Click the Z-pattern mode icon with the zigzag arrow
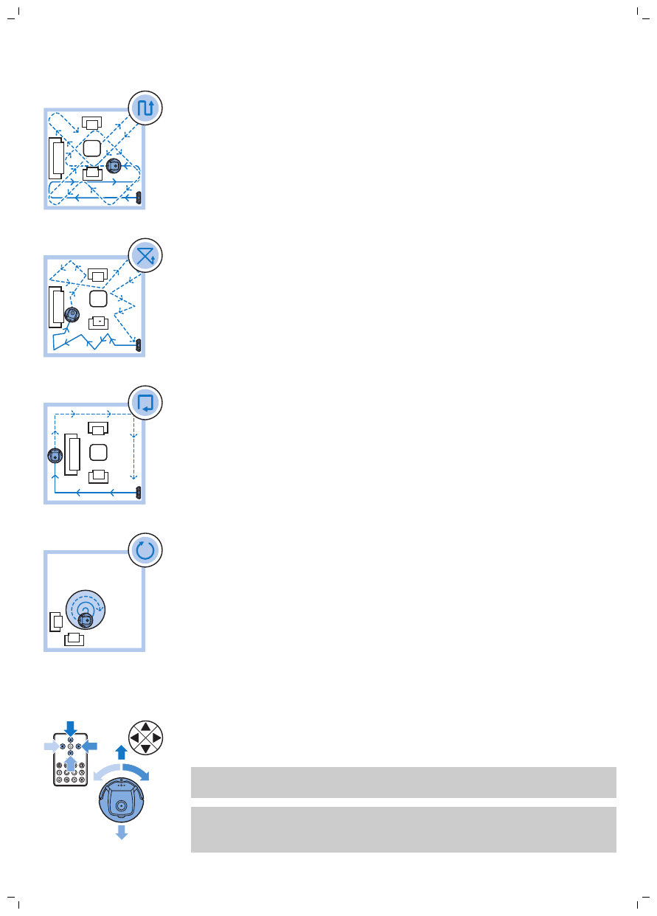[145, 108]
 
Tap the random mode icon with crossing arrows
[145, 256]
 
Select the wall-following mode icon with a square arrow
[145, 403]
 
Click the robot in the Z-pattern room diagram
[114, 166]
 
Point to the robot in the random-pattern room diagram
[72, 315]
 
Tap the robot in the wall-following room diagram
[54, 457]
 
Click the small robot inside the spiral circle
[85, 620]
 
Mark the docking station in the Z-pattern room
[138, 198]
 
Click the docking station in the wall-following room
[138, 492]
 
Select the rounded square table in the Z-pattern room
[91, 148]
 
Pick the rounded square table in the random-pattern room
[98, 299]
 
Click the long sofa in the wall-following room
[72, 455]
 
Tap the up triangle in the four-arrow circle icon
[145, 726]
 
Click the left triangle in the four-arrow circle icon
[134, 737]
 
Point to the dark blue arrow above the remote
[70, 729]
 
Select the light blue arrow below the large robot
[122, 832]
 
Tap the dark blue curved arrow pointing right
[137, 771]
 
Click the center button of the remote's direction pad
[70, 746]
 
